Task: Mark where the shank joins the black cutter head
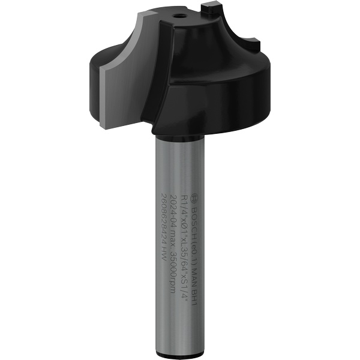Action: pos(178,136)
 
